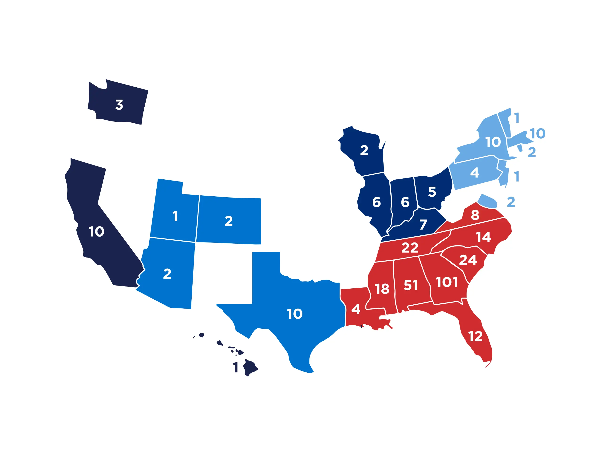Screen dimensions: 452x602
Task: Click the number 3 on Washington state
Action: [x=119, y=105]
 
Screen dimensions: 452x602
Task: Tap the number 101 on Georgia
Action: [x=447, y=282]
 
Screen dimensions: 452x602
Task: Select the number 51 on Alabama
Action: [x=410, y=285]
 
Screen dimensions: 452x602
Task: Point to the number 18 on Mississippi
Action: [x=382, y=289]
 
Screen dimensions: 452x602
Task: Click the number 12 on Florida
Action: [x=475, y=336]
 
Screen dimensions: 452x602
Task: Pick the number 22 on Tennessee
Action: [x=410, y=248]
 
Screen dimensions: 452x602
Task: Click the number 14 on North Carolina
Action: [x=483, y=237]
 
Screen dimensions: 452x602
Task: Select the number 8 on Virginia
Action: [x=475, y=215]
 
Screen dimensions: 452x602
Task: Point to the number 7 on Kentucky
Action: [x=423, y=225]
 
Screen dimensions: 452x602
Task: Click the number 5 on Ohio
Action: [x=432, y=192]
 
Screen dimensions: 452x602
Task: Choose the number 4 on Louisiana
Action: [x=356, y=309]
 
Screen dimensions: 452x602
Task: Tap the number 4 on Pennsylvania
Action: [x=474, y=173]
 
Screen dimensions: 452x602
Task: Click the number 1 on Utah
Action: [x=175, y=216]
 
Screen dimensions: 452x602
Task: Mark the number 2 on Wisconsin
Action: [x=364, y=150]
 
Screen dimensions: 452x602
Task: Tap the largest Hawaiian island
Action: [x=250, y=368]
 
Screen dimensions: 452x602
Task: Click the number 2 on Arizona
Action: [x=167, y=274]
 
